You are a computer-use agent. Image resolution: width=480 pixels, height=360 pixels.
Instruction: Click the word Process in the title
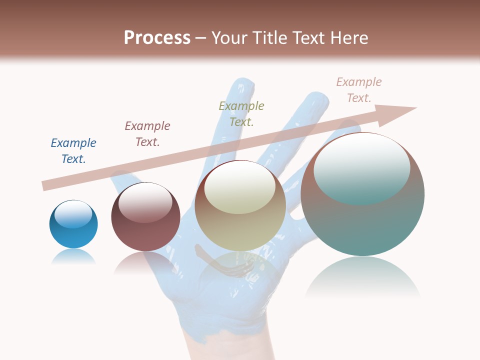click(x=157, y=38)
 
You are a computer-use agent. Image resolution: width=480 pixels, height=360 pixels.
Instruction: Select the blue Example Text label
click(x=73, y=151)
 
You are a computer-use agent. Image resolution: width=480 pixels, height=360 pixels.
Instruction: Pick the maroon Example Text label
click(x=147, y=134)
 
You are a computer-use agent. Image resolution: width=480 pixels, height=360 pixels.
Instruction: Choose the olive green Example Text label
click(x=241, y=114)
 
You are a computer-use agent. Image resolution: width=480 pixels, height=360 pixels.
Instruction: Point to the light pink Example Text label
click(x=358, y=90)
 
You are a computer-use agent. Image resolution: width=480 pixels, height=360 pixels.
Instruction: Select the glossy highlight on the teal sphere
click(x=362, y=167)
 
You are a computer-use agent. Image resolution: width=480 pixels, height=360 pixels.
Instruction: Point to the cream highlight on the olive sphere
click(x=239, y=187)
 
